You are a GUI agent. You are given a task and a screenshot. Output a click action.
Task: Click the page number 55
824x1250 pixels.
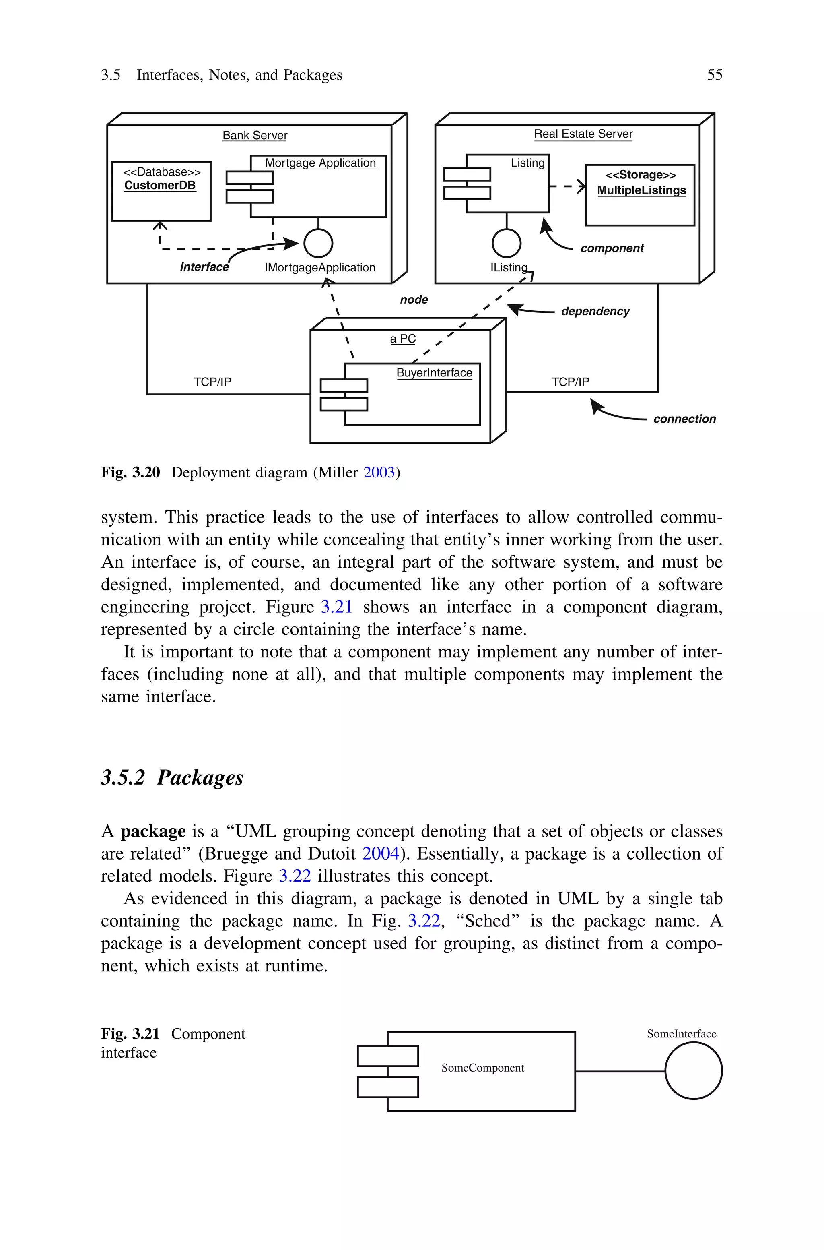pyautogui.click(x=714, y=75)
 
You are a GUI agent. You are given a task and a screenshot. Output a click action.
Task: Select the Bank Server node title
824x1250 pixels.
pyautogui.click(x=255, y=136)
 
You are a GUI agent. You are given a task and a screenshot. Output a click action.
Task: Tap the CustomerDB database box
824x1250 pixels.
pyautogui.click(x=161, y=191)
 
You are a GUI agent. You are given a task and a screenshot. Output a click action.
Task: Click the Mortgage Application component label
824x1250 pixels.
pyautogui.click(x=320, y=163)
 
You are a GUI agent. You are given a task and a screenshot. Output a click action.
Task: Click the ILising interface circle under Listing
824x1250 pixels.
pyautogui.click(x=506, y=244)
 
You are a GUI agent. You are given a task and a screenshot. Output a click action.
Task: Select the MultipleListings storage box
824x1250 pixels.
pyautogui.click(x=640, y=195)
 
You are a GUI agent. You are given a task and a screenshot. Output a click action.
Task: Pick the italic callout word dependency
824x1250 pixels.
pyautogui.click(x=595, y=311)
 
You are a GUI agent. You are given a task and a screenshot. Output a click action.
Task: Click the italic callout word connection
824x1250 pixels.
pyautogui.click(x=684, y=419)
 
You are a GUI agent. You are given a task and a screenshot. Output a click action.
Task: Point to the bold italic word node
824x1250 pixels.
pyautogui.click(x=414, y=300)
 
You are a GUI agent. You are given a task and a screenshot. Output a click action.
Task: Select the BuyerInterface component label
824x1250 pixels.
pyautogui.click(x=434, y=373)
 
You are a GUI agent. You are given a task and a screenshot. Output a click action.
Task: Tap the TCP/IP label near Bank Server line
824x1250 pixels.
pyautogui.click(x=212, y=382)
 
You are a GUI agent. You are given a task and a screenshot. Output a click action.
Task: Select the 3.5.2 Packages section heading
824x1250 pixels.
pyautogui.click(x=172, y=777)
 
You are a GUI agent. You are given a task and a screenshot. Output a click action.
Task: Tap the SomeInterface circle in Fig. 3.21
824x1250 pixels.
pyautogui.click(x=693, y=1071)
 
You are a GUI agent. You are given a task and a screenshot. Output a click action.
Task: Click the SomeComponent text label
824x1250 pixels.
pyautogui.click(x=482, y=1068)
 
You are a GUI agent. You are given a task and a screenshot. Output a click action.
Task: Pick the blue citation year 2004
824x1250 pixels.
pyautogui.click(x=381, y=853)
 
